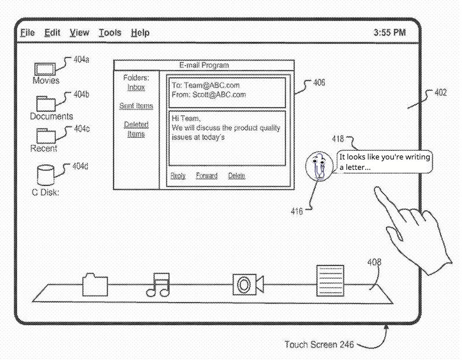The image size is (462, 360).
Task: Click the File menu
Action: (27, 33)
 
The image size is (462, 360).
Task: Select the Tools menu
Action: (110, 33)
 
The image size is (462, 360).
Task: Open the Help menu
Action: (140, 33)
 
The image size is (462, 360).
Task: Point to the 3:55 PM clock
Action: (389, 33)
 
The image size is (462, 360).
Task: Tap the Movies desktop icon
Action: (46, 69)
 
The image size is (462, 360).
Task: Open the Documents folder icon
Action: (46, 103)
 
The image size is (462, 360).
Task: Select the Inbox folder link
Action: (136, 87)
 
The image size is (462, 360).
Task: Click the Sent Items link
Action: (136, 106)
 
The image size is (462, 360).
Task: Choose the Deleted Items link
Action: (136, 129)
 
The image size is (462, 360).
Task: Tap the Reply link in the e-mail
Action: (178, 176)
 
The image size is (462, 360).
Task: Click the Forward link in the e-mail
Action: (207, 176)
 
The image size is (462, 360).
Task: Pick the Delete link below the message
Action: (236, 176)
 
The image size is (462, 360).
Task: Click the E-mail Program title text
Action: (204, 65)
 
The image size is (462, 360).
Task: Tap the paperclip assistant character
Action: (319, 167)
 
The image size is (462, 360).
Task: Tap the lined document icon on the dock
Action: (331, 281)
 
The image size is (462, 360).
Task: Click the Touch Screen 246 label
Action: (319, 344)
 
